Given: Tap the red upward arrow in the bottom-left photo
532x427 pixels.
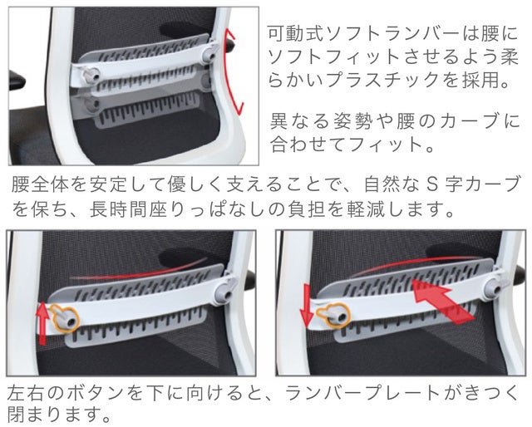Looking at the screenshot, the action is pos(42,323).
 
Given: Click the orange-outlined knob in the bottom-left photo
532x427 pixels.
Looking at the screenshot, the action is pos(66,318).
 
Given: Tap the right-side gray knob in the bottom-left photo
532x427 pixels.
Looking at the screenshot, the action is pos(225,289).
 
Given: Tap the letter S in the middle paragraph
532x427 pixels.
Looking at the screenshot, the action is pos(431,184).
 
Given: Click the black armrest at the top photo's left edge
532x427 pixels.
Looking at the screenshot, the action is pos(17,81).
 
